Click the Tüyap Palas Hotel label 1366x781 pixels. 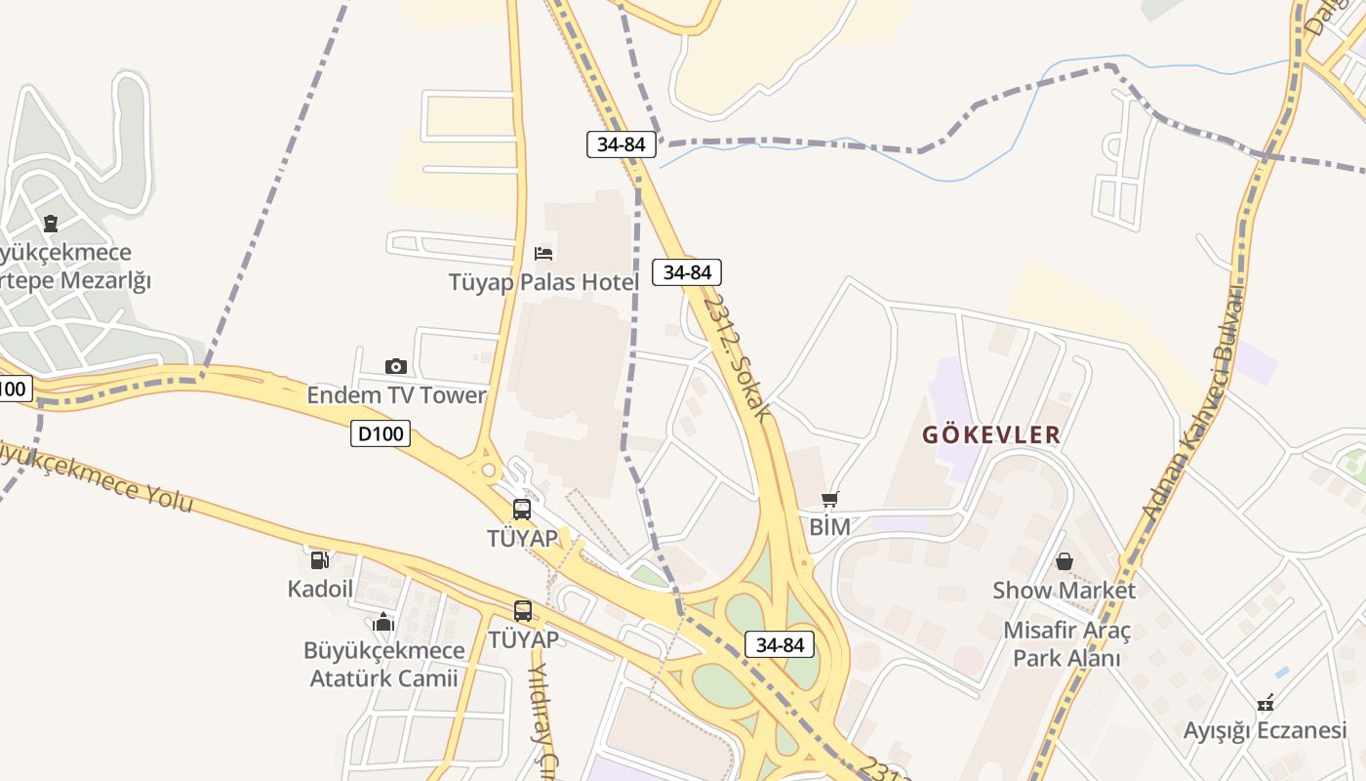(543, 283)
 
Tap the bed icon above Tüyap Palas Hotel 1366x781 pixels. (543, 254)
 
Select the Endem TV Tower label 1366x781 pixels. (396, 395)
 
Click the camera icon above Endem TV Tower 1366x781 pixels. (395, 366)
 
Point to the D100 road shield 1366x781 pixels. (381, 433)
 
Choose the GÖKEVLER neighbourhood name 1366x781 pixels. (991, 434)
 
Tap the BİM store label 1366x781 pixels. (829, 527)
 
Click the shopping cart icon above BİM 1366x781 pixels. (829, 500)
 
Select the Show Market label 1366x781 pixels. (1064, 591)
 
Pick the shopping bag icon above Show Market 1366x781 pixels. (1065, 561)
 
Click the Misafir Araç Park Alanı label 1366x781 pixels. (1066, 644)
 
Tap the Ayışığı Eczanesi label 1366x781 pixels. (1265, 730)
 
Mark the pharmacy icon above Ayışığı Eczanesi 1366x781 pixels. (1266, 701)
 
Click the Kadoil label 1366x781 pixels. (320, 589)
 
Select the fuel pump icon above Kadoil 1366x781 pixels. (319, 559)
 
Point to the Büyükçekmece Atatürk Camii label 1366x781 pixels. (383, 665)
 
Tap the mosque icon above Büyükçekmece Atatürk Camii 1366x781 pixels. (382, 622)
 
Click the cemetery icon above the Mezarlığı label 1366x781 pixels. (51, 224)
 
